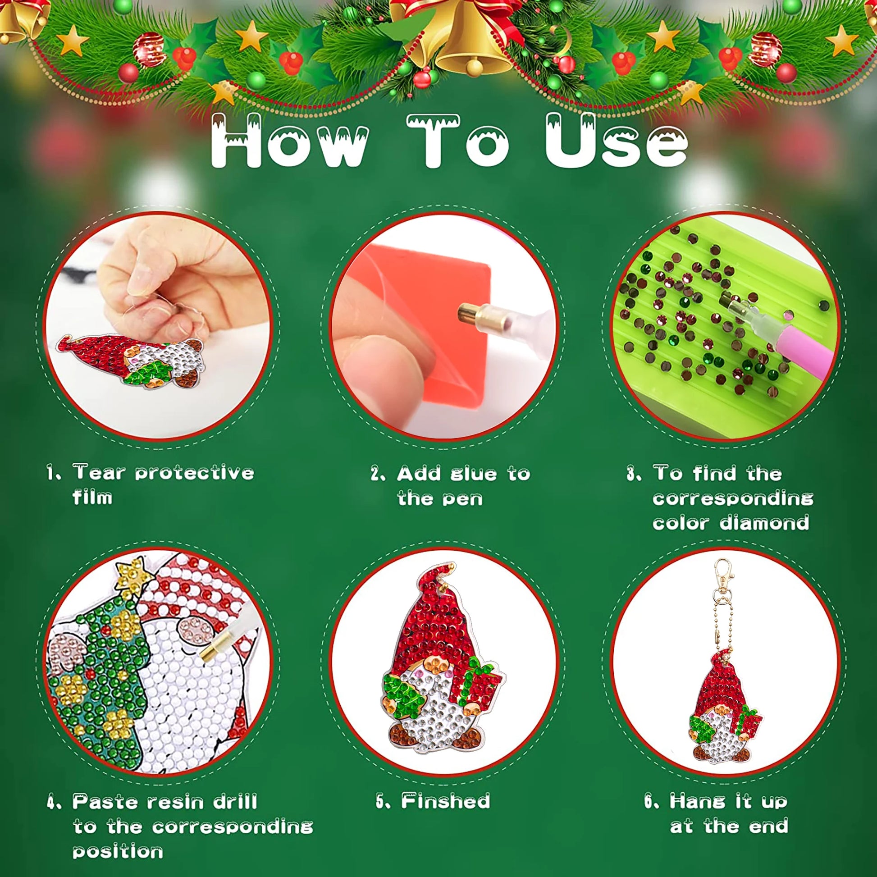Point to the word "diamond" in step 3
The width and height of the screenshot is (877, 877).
click(x=765, y=522)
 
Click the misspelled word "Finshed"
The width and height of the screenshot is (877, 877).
click(x=445, y=801)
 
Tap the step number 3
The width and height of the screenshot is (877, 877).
click(x=632, y=474)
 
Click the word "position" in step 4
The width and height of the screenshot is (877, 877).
click(x=118, y=852)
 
